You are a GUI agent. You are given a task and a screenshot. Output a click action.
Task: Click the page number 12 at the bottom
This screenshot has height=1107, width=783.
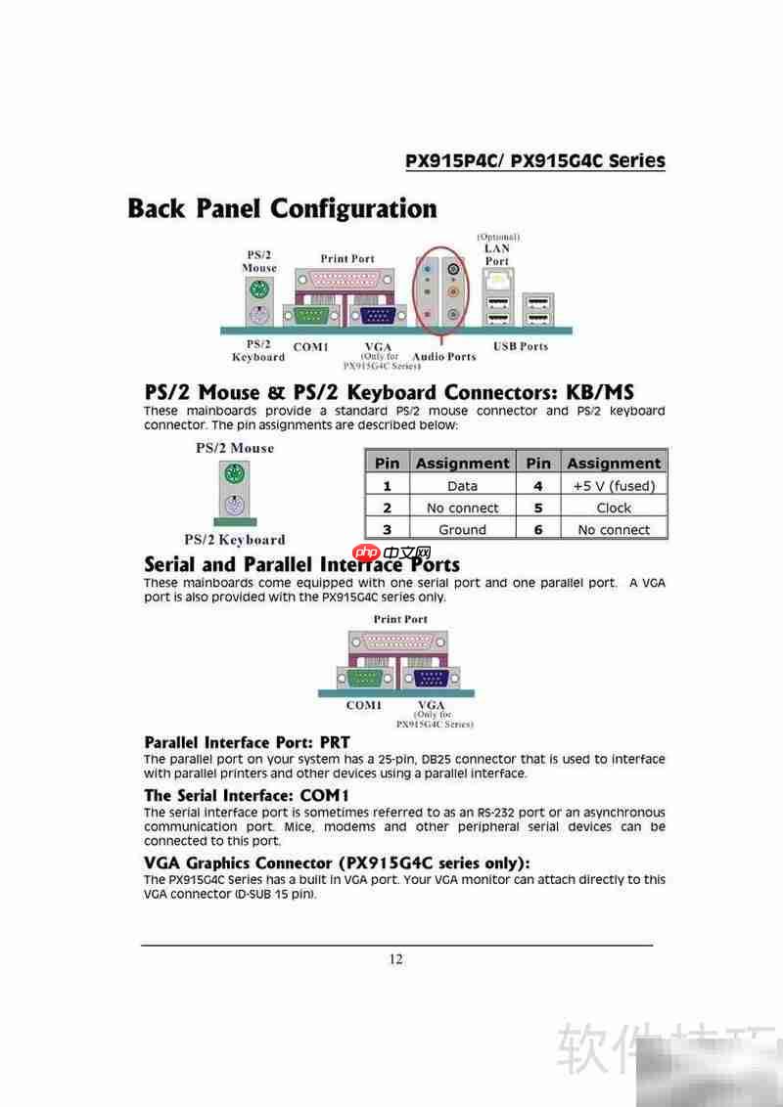(395, 959)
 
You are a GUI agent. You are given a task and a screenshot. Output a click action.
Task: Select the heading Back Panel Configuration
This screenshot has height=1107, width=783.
(282, 209)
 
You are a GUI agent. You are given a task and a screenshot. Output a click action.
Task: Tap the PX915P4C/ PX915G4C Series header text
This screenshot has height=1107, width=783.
(535, 161)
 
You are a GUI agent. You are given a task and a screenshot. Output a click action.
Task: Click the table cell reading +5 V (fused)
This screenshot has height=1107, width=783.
(614, 486)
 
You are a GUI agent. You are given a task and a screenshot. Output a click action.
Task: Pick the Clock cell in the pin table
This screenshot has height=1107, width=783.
(614, 508)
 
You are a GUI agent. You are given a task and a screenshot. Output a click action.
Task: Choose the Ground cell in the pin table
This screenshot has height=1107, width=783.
(462, 530)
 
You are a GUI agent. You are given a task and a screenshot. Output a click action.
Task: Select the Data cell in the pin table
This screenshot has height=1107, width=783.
(462, 486)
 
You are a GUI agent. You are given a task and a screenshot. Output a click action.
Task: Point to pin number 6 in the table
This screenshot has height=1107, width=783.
(537, 530)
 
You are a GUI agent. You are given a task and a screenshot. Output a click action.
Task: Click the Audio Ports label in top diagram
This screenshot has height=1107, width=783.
(444, 357)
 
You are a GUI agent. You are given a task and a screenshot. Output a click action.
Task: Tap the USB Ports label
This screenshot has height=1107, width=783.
(521, 346)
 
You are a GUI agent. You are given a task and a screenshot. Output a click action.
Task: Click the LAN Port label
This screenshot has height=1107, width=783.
(497, 254)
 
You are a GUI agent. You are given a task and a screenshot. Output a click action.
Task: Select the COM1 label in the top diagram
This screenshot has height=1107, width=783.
(310, 347)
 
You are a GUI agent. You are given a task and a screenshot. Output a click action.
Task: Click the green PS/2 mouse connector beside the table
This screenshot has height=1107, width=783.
(233, 476)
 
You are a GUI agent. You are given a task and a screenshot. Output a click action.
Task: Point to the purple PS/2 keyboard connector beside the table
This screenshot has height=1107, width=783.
(233, 507)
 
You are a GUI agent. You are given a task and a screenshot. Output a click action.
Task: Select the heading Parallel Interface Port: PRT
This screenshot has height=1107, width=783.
(247, 742)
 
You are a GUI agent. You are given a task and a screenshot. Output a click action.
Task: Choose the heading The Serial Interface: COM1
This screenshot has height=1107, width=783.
(247, 795)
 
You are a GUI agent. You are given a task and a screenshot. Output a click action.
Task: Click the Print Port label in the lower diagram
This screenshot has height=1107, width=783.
(400, 619)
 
